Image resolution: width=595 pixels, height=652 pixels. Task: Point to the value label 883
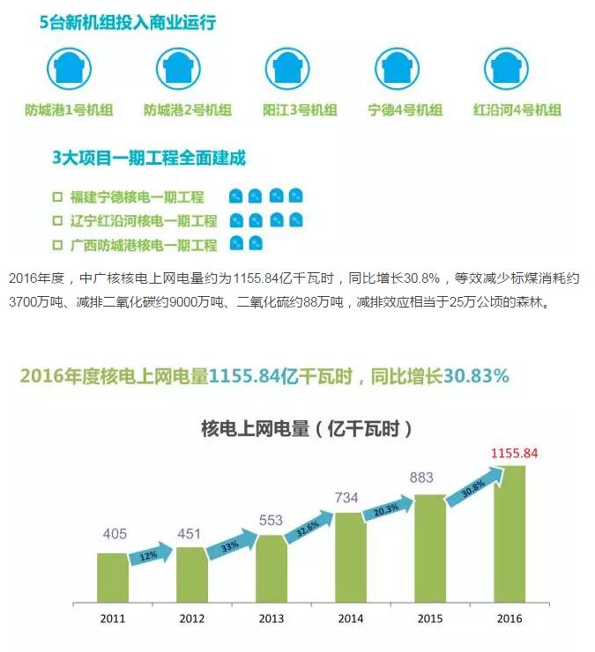(422, 478)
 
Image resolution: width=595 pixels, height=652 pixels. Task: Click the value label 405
(115, 534)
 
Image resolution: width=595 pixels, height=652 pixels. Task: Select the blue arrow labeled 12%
(146, 555)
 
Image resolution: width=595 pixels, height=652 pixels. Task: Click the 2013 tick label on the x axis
(271, 619)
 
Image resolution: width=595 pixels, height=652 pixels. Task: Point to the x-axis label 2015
(429, 619)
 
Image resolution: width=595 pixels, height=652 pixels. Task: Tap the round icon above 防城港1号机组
(68, 68)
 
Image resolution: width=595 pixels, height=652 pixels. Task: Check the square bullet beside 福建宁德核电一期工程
(57, 197)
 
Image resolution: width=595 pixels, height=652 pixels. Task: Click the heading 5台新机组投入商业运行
(128, 24)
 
